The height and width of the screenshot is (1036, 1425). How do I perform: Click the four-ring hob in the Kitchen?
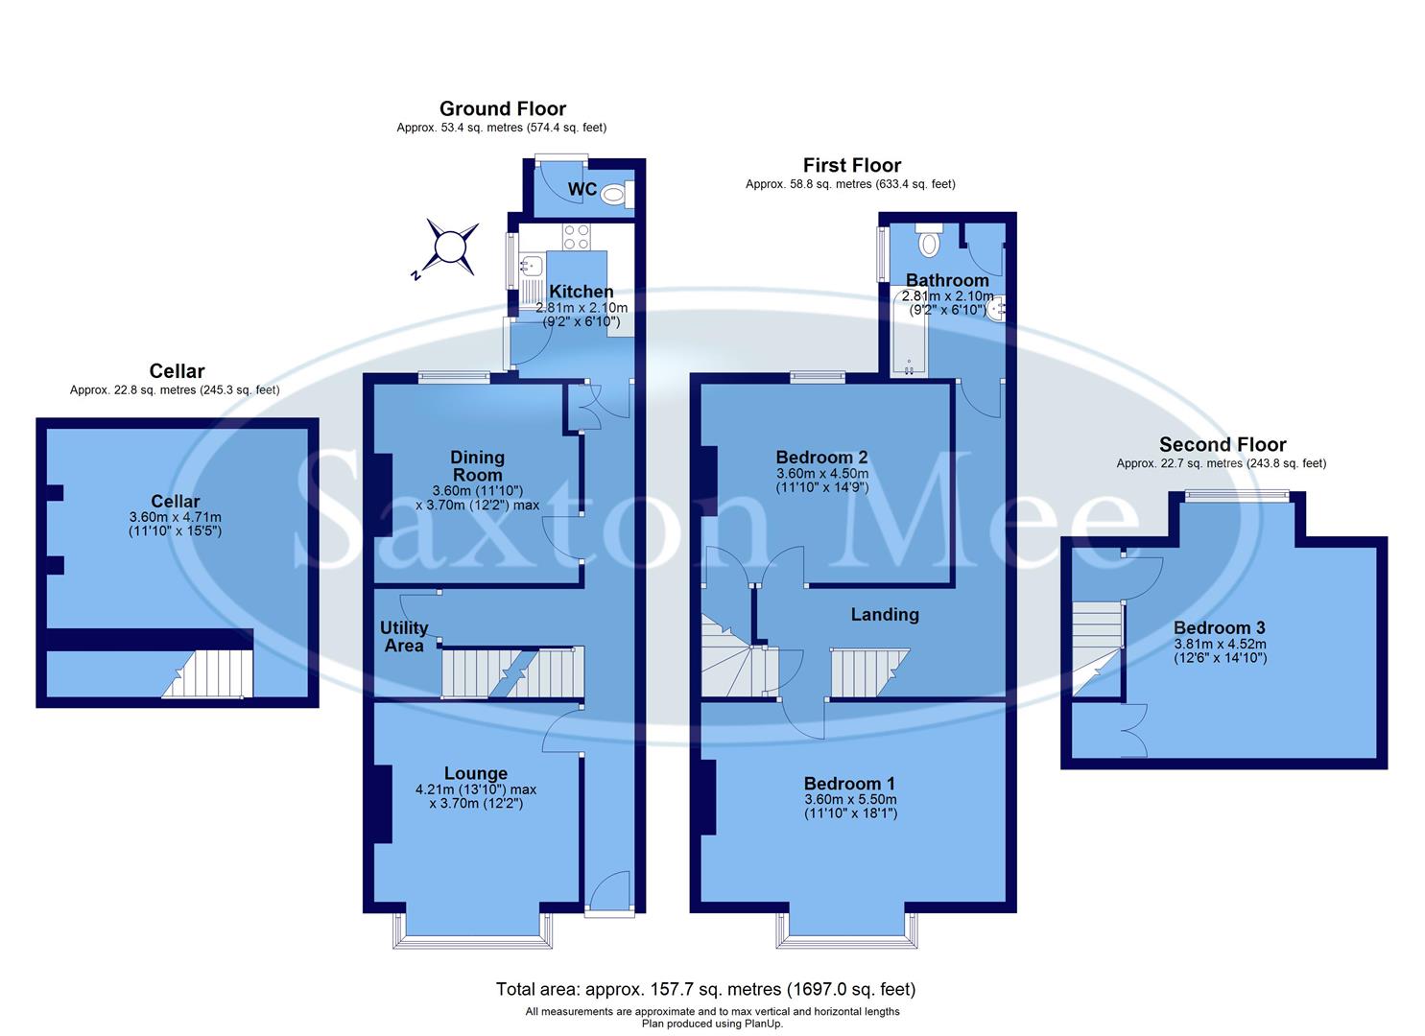576,236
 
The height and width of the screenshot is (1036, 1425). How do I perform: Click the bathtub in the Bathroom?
908,336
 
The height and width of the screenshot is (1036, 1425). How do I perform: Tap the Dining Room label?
477,466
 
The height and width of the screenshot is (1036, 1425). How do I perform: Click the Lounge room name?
476,773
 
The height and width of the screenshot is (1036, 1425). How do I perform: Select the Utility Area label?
404,637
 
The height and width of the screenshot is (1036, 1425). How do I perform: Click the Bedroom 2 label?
821,458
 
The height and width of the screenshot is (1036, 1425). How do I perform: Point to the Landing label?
885,615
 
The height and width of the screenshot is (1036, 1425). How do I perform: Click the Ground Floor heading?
502,109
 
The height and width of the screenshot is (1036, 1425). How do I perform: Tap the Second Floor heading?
1222,445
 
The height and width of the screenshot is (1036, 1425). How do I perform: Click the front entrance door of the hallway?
609,892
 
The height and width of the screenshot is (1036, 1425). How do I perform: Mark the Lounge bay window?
474,940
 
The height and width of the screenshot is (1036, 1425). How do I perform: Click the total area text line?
705,989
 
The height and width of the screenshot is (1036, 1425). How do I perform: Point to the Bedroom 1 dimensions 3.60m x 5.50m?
849,799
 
